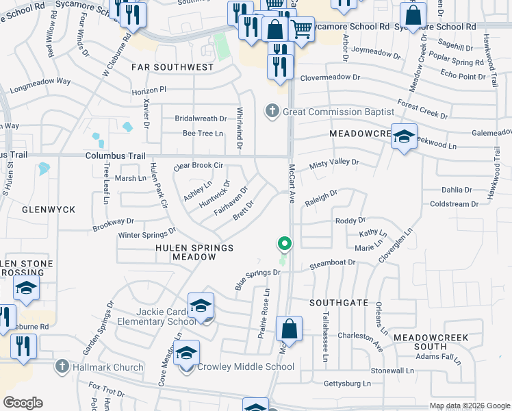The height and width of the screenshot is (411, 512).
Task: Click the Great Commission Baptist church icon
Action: (272, 111)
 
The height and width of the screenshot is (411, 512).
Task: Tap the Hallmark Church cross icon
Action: (63, 367)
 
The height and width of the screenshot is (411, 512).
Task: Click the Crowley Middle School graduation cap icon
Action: (186, 353)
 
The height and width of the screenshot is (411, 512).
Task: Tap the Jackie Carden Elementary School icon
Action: (201, 306)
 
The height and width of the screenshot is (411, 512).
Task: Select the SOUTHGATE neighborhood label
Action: (339, 302)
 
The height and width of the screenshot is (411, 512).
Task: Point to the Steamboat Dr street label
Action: (333, 262)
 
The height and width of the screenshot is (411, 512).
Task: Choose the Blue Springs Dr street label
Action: (258, 280)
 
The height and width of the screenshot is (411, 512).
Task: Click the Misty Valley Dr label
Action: (334, 162)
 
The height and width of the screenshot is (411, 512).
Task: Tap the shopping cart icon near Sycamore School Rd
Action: (301, 29)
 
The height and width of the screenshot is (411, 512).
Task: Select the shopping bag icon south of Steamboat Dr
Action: (290, 329)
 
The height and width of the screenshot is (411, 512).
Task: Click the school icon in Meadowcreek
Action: (404, 136)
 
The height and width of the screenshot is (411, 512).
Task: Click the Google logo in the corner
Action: (23, 403)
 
